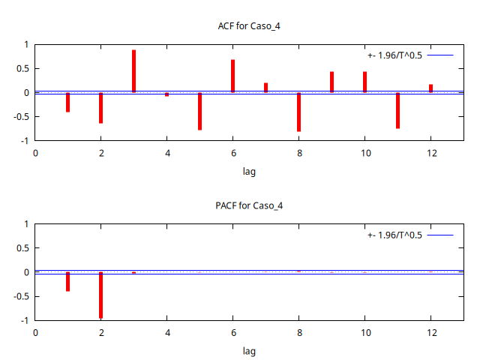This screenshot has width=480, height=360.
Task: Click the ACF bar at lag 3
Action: pos(133,71)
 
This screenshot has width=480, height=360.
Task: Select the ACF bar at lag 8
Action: pos(298,112)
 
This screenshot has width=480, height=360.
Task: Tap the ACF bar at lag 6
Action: pos(232,76)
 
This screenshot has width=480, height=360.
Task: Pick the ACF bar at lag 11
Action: pos(397,110)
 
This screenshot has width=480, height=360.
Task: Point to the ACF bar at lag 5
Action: pos(199,111)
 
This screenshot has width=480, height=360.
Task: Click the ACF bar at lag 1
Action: pos(67,102)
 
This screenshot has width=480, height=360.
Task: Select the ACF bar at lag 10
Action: pos(364,82)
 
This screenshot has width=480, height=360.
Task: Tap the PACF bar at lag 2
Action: pos(100,295)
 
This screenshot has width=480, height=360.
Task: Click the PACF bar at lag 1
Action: pos(67,281)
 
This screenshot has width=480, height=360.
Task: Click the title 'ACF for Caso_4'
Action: pos(249,26)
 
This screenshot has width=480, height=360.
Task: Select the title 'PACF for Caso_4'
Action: pos(249,205)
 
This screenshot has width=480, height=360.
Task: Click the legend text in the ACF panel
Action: pos(395,55)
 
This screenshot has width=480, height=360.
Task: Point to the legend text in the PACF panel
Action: pos(395,235)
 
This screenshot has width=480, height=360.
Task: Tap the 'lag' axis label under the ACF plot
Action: pos(249,171)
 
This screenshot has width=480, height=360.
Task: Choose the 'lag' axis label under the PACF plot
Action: pos(249,350)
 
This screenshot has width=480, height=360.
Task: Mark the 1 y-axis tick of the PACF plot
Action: pos(25,224)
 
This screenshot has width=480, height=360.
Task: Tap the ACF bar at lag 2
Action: pos(100,107)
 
